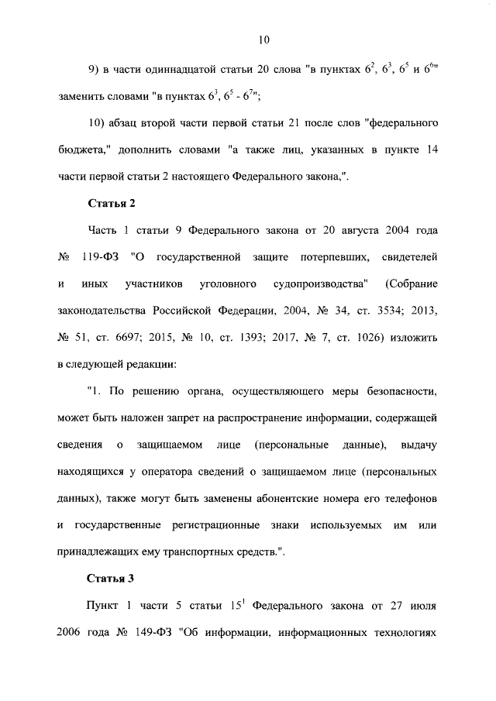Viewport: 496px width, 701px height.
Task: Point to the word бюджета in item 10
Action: (x=86, y=151)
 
